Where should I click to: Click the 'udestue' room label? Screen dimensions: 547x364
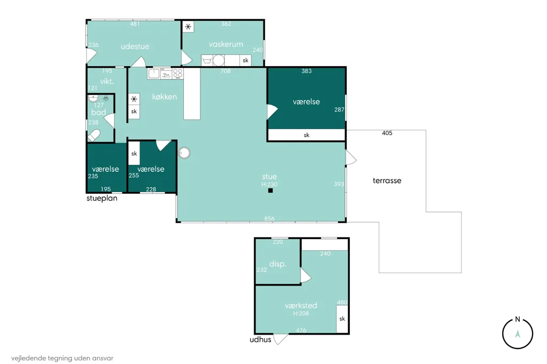click(x=135, y=46)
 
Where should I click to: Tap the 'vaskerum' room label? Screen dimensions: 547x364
click(x=226, y=44)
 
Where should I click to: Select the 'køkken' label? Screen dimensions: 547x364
click(x=165, y=97)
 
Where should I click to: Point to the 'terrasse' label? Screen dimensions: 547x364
click(x=387, y=180)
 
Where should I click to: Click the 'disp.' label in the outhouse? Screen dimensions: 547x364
click(x=278, y=264)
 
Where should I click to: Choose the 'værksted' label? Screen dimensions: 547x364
click(x=301, y=305)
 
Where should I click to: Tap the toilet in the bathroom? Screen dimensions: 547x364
click(x=94, y=135)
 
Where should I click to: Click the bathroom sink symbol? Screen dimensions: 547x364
click(x=93, y=98)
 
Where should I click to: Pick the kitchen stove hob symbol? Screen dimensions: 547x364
click(x=177, y=74)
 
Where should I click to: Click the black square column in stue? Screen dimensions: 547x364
click(x=270, y=191)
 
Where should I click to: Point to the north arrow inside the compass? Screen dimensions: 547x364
click(x=518, y=334)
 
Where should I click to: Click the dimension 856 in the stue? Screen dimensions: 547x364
click(x=269, y=219)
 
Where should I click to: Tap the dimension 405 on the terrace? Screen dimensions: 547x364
click(x=387, y=133)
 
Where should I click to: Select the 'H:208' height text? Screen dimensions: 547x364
click(x=301, y=313)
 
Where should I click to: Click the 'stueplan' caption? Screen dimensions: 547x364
click(x=102, y=199)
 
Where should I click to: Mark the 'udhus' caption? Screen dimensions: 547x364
click(x=260, y=339)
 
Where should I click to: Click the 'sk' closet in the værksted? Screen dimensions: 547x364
click(x=342, y=319)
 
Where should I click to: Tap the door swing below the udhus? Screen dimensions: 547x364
click(x=280, y=339)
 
